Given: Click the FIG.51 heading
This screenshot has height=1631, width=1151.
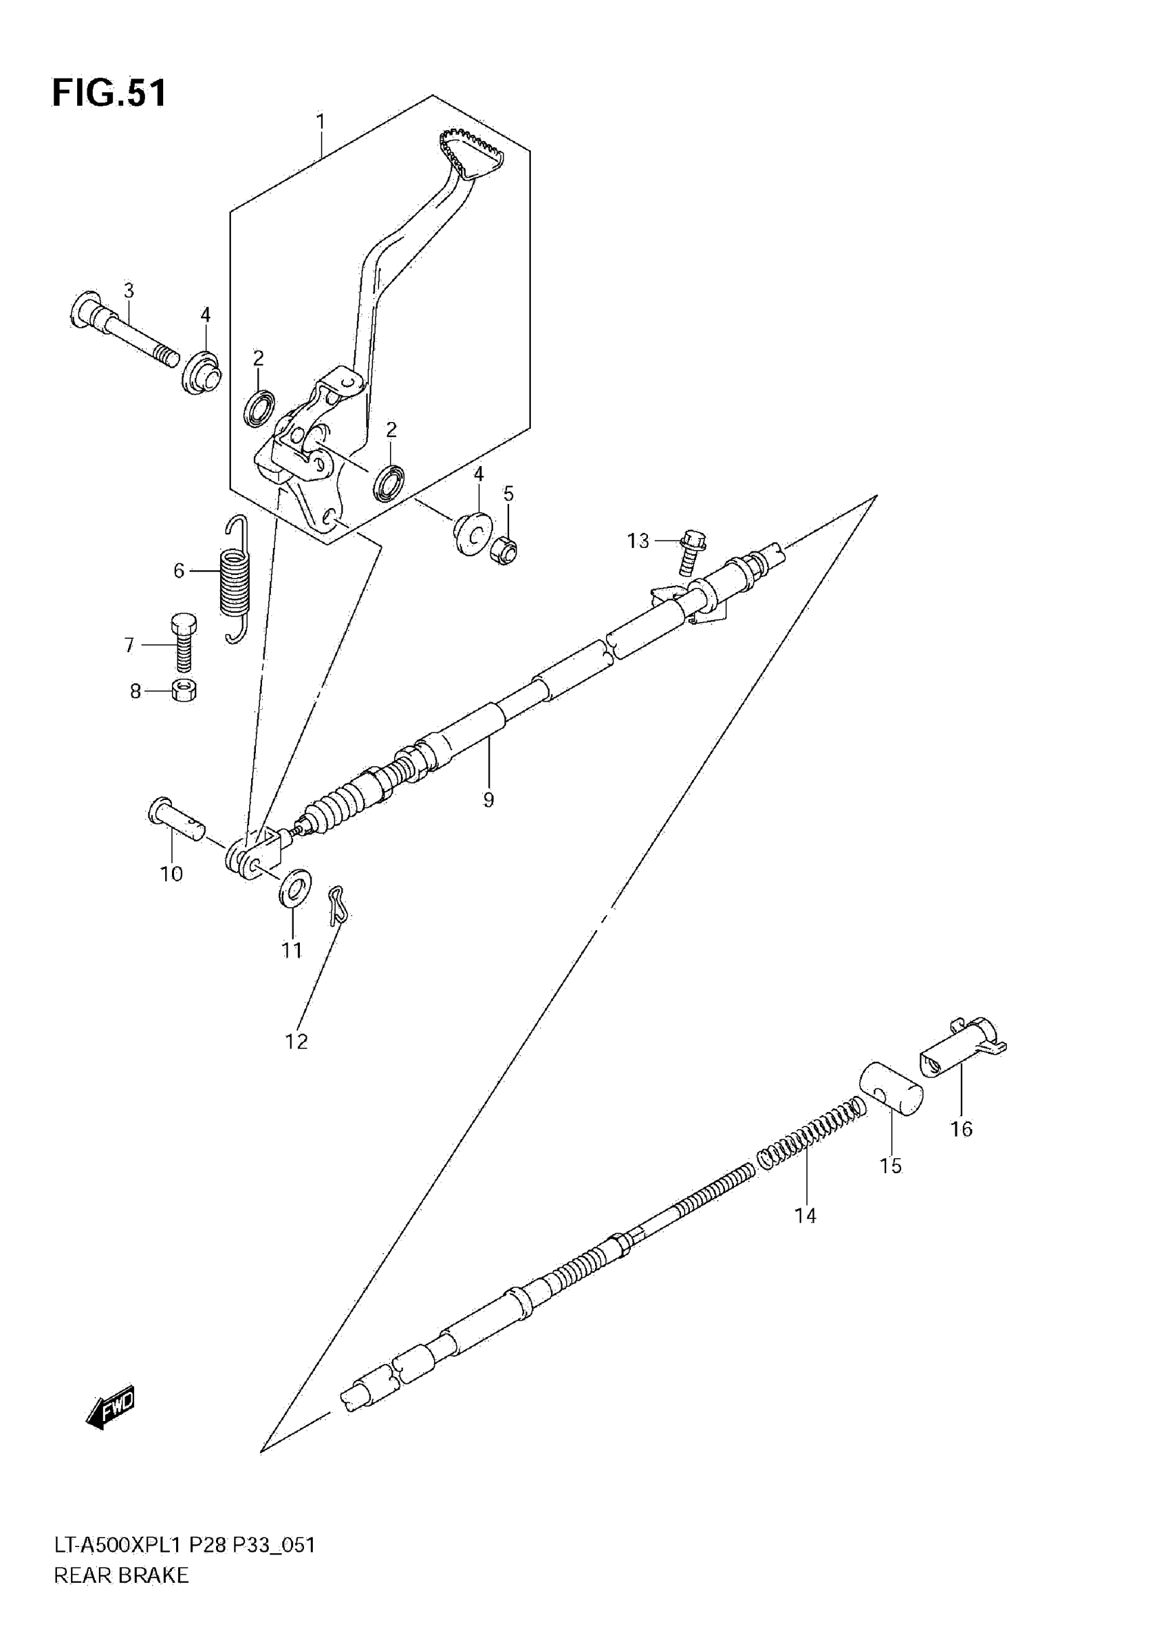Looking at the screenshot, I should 110,93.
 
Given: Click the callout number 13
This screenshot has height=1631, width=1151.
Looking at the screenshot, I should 638,541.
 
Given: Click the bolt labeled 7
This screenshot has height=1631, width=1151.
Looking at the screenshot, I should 183,643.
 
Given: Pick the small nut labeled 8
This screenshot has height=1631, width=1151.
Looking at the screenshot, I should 184,690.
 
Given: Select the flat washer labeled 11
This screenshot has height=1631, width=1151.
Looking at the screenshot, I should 295,887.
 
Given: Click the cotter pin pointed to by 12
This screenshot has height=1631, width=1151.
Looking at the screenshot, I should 337,905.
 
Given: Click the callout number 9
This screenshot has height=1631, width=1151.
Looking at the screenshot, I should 489,800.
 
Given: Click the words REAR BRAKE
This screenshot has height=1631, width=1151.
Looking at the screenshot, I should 121,1596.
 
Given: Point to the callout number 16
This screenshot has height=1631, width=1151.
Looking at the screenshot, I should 961,1129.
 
